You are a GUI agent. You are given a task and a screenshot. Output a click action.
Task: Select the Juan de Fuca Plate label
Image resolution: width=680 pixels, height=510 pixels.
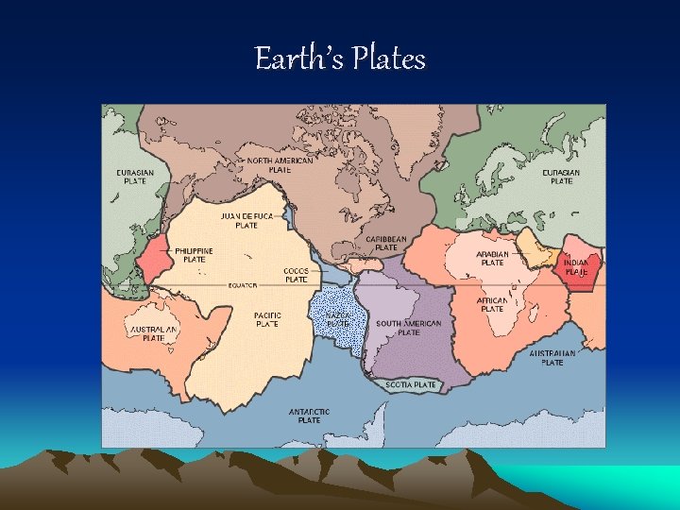(246, 220)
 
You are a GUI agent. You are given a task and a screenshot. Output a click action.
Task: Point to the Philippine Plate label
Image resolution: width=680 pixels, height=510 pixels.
(194, 255)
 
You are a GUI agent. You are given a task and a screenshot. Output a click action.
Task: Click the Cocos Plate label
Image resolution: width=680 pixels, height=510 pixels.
(296, 275)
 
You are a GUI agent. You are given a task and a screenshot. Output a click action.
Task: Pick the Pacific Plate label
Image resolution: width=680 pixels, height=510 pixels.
(267, 319)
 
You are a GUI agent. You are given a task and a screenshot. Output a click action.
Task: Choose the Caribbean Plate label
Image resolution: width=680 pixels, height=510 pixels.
(386, 244)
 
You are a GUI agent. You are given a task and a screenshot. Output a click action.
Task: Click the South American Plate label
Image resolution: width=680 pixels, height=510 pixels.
(409, 328)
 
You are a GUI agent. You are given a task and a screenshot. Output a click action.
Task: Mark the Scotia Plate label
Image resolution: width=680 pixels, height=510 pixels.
(411, 384)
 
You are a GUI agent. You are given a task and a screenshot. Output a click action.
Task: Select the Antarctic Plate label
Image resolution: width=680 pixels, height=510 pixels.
(309, 416)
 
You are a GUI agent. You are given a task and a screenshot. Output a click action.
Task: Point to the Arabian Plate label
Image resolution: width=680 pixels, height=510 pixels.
(492, 258)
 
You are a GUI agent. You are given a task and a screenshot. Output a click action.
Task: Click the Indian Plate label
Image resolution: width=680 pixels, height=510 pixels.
(577, 267)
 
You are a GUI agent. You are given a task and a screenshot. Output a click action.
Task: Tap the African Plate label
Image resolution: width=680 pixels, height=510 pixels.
(492, 304)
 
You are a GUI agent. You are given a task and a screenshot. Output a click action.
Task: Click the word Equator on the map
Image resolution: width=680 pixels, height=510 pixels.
(244, 284)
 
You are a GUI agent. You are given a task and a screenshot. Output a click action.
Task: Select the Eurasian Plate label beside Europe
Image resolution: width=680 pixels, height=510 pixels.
(561, 177)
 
